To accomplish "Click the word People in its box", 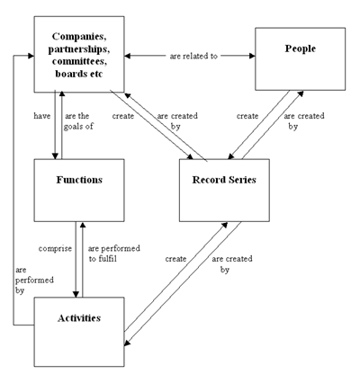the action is tap(301, 49).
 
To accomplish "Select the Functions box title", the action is tap(79, 180).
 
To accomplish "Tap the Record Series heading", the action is tap(224, 180).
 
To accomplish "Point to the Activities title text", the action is tap(79, 318).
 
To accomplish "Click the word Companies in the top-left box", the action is tap(79, 37).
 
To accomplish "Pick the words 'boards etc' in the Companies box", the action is tap(79, 74).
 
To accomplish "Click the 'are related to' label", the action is tap(193, 56).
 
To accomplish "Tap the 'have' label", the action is tap(42, 116).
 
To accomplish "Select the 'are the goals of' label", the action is tap(78, 121).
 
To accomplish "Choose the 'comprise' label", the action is tap(55, 249).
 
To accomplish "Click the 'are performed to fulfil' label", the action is tap(114, 254).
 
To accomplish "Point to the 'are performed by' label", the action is tap(34, 281).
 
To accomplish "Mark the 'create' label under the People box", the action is tap(247, 116).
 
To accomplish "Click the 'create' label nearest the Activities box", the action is tap(175, 259).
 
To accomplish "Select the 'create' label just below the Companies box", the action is tap(123, 116).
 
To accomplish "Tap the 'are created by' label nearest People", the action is tap(304, 121).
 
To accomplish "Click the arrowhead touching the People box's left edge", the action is tap(252, 56).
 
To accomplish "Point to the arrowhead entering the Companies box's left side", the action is tap(31, 56).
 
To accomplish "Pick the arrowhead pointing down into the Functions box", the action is tap(55, 156).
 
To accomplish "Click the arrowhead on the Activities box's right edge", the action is tap(127, 343).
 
